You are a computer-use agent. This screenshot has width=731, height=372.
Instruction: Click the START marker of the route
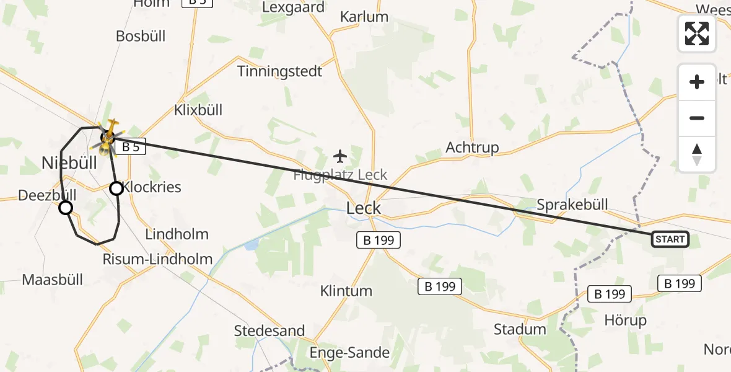[x=670, y=239]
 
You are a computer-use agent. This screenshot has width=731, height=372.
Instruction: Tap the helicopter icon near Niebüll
[x=108, y=138]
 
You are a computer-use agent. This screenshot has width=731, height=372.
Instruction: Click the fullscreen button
[x=697, y=33]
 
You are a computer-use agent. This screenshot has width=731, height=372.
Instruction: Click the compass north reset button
[x=697, y=154]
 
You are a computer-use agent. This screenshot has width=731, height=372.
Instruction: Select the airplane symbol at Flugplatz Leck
[x=340, y=155]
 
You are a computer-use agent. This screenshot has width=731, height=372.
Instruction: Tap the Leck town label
[x=364, y=208]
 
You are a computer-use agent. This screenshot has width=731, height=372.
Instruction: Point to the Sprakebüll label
[x=572, y=205]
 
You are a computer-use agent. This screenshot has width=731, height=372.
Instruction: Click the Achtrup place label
[x=472, y=148]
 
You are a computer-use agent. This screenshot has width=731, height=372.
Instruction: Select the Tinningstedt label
[x=280, y=71]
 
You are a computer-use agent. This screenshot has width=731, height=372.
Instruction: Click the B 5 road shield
[x=131, y=147]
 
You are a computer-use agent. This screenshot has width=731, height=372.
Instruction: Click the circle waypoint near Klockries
[x=116, y=188]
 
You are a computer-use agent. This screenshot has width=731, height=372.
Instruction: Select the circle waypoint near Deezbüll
[x=66, y=208]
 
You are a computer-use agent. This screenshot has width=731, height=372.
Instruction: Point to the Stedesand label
[x=269, y=330]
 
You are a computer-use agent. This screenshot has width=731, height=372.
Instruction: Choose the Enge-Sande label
[x=350, y=353]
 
